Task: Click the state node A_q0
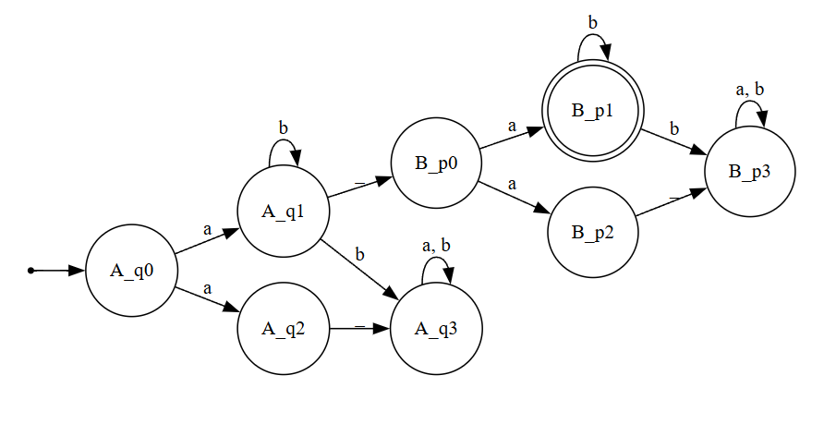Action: click(x=131, y=271)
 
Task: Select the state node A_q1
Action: click(x=284, y=212)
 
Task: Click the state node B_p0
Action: click(x=436, y=166)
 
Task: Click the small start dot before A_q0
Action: click(x=30, y=271)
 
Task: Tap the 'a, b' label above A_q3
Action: click(x=436, y=245)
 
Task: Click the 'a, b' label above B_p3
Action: click(x=749, y=90)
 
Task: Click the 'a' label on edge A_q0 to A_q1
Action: click(x=207, y=227)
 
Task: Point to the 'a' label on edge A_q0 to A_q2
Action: click(x=207, y=288)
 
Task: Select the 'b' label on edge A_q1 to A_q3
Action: click(x=360, y=252)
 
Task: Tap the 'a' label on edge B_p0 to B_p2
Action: click(x=511, y=184)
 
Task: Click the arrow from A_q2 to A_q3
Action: click(x=360, y=326)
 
